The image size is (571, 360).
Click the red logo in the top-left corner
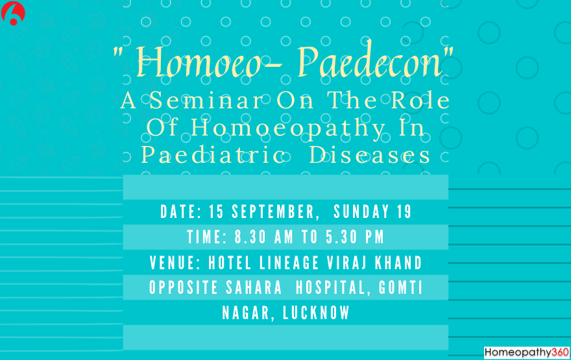pyautogui.click(x=13, y=13)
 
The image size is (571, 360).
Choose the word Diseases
pyautogui.click(x=370, y=156)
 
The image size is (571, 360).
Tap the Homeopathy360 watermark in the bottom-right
pyautogui.click(x=526, y=352)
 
